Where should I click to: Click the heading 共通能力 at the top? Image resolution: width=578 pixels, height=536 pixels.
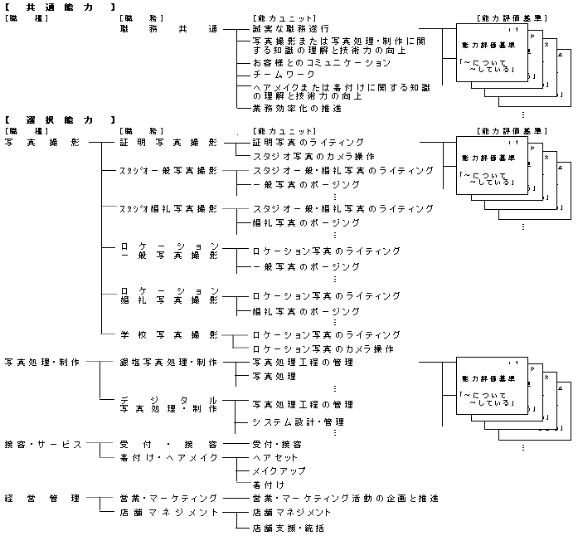coord(59,7)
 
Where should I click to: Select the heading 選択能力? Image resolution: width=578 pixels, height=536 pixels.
coord(59,120)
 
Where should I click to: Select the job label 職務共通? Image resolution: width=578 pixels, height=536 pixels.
coord(168,28)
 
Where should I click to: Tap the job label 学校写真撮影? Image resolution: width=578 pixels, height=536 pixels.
coord(168,334)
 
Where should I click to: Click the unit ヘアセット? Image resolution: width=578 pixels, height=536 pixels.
coord(274,457)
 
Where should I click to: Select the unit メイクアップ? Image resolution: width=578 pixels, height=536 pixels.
coord(279,470)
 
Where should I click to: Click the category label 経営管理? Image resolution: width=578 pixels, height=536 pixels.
coord(42,498)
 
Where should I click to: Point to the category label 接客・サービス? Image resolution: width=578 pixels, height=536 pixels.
coord(42,444)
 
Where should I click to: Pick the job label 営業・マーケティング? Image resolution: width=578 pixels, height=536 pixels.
coord(168,498)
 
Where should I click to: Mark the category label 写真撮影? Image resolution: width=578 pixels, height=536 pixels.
coord(42,142)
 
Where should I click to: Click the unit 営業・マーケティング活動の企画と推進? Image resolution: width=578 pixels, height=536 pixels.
coord(344,498)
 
